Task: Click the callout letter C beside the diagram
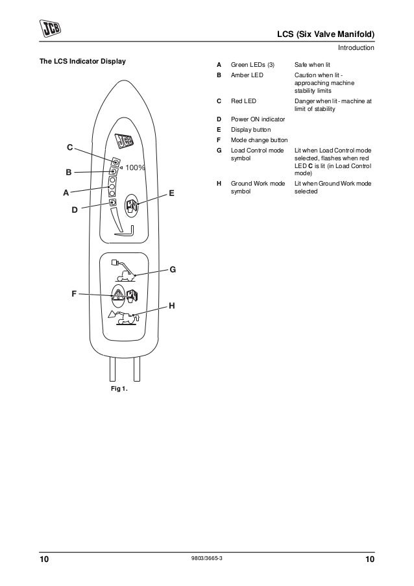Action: [x=70, y=149]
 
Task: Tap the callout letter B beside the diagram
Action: [x=67, y=173]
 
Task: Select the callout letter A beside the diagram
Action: [x=66, y=193]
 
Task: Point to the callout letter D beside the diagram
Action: [x=75, y=210]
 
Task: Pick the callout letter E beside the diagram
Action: [x=171, y=193]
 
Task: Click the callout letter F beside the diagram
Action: [x=75, y=295]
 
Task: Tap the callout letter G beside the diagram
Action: [x=173, y=269]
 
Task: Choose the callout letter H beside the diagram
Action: [x=171, y=305]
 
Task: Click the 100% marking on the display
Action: [x=135, y=167]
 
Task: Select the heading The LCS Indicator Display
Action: [x=84, y=62]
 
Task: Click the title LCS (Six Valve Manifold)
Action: [x=326, y=34]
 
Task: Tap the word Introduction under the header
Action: [x=356, y=48]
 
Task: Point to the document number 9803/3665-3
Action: [x=207, y=559]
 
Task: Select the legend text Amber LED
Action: [x=249, y=76]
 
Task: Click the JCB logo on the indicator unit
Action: [x=124, y=141]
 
